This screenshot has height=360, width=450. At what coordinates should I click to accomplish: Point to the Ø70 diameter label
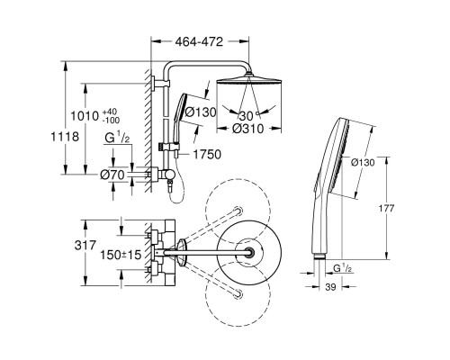(112, 174)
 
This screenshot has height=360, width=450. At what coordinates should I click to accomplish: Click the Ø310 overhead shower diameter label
(245, 130)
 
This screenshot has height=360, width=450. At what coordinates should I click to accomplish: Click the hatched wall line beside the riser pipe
(148, 117)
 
